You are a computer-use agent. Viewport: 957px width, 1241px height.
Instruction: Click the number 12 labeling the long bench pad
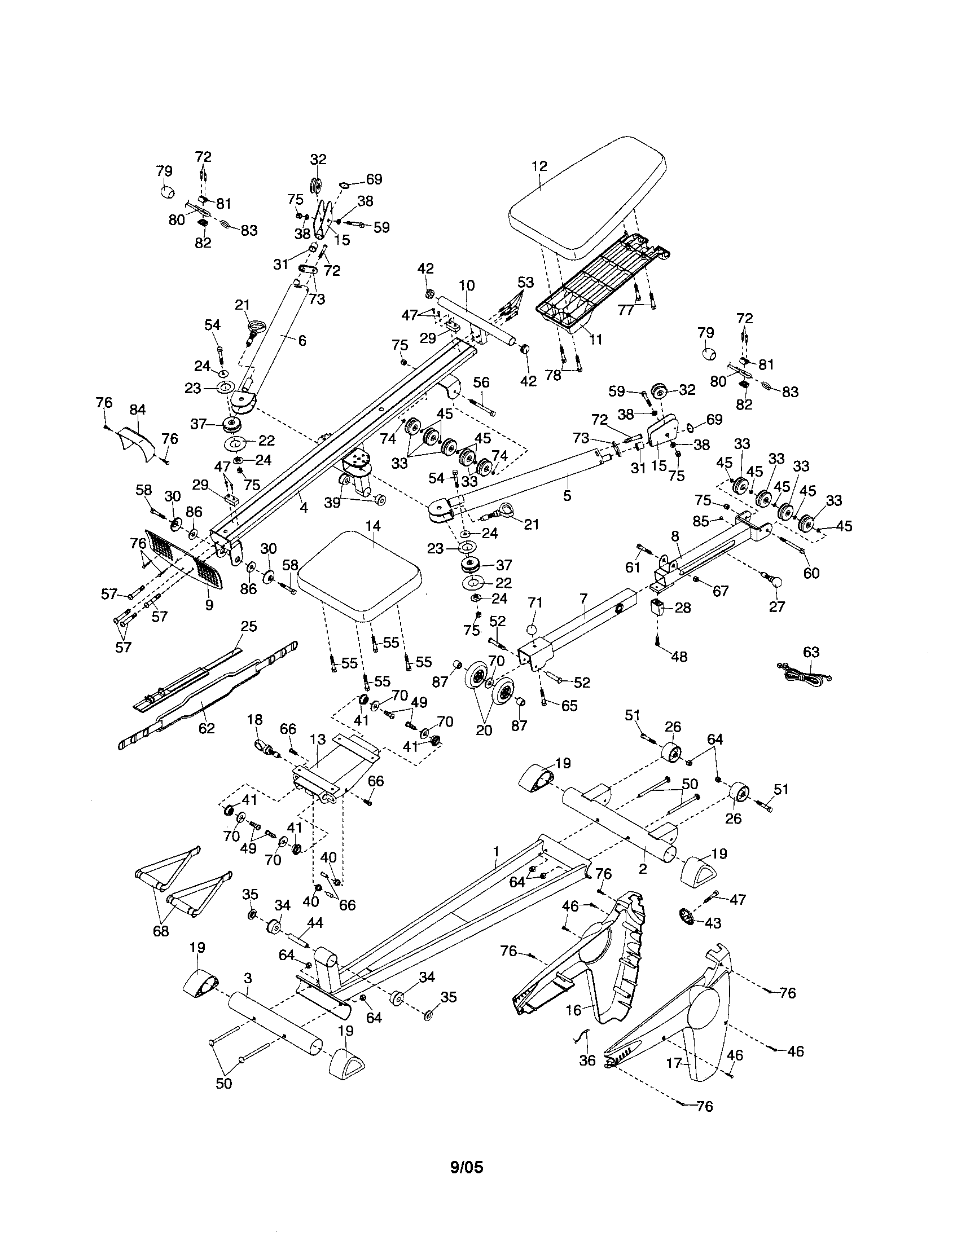coord(539,166)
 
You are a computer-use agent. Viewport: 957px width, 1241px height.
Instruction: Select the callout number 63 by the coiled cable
coord(811,652)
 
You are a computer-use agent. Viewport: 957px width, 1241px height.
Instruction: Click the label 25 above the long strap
coord(249,626)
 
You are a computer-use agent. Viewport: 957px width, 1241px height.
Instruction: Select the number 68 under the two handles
coord(161,931)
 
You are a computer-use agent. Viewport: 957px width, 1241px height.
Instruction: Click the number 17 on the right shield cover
coord(674,1063)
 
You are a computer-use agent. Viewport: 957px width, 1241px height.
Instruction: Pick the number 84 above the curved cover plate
coord(138,409)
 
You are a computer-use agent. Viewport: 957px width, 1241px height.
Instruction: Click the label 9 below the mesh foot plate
coord(209,605)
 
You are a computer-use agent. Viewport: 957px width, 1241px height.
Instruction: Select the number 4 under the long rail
coord(304,508)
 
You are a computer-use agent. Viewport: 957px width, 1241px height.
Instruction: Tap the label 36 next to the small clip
coord(587,1060)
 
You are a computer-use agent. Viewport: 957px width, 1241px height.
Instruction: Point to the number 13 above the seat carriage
coord(318,740)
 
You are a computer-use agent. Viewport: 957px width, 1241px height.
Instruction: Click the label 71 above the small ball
coord(535,602)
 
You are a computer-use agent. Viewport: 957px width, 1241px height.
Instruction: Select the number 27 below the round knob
coord(776,607)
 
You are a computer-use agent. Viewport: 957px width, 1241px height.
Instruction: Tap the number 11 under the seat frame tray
coord(595,339)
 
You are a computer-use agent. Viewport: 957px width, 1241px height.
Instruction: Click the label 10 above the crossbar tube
coord(467,285)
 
